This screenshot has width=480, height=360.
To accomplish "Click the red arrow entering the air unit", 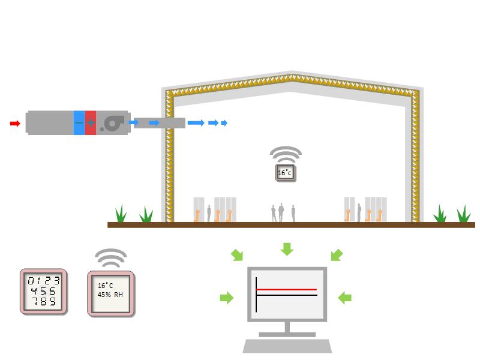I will pos(15,124).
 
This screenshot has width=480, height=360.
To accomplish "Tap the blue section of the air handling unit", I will pos(79,122).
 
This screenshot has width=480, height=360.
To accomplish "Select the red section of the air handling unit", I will pos(91,122).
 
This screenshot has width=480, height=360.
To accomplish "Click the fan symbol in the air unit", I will pos(112,123).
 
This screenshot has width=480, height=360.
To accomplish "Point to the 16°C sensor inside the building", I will pos(285,173).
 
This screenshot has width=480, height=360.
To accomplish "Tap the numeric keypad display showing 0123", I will pos(44,290).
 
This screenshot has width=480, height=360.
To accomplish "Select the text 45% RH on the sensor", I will pos(110,295).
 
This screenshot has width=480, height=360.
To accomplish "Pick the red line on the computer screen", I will pos(287,290).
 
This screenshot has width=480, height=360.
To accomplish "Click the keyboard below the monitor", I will pos(287,346).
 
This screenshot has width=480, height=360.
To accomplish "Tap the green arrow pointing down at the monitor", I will pos(287,248).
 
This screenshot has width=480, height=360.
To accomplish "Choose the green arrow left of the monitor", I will pos(227,297).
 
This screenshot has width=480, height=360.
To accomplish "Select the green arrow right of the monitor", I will pos(344,297).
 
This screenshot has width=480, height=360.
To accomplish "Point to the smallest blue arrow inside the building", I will pos(224,123).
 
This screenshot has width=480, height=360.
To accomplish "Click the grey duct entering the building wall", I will pos(159,123).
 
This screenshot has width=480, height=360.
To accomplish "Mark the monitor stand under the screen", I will pos(287,329).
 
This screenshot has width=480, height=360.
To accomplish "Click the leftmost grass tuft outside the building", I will pos(121,214).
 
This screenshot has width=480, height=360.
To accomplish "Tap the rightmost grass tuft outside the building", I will pos(463,214).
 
